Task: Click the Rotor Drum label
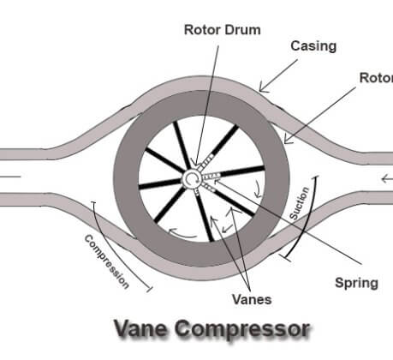(x=223, y=30)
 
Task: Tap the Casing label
(x=313, y=46)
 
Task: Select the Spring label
(x=356, y=283)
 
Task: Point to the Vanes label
(x=252, y=299)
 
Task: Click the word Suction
(x=299, y=203)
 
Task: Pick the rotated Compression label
(x=107, y=261)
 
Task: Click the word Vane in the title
(x=140, y=329)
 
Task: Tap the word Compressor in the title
(x=242, y=330)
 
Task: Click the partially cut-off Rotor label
(x=376, y=78)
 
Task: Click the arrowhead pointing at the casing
(x=263, y=88)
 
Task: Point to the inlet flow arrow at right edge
(x=387, y=179)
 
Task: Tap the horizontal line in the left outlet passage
(x=10, y=177)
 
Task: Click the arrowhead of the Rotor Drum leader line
(x=195, y=164)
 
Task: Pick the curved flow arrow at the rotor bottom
(x=182, y=233)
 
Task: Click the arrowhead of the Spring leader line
(x=217, y=181)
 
